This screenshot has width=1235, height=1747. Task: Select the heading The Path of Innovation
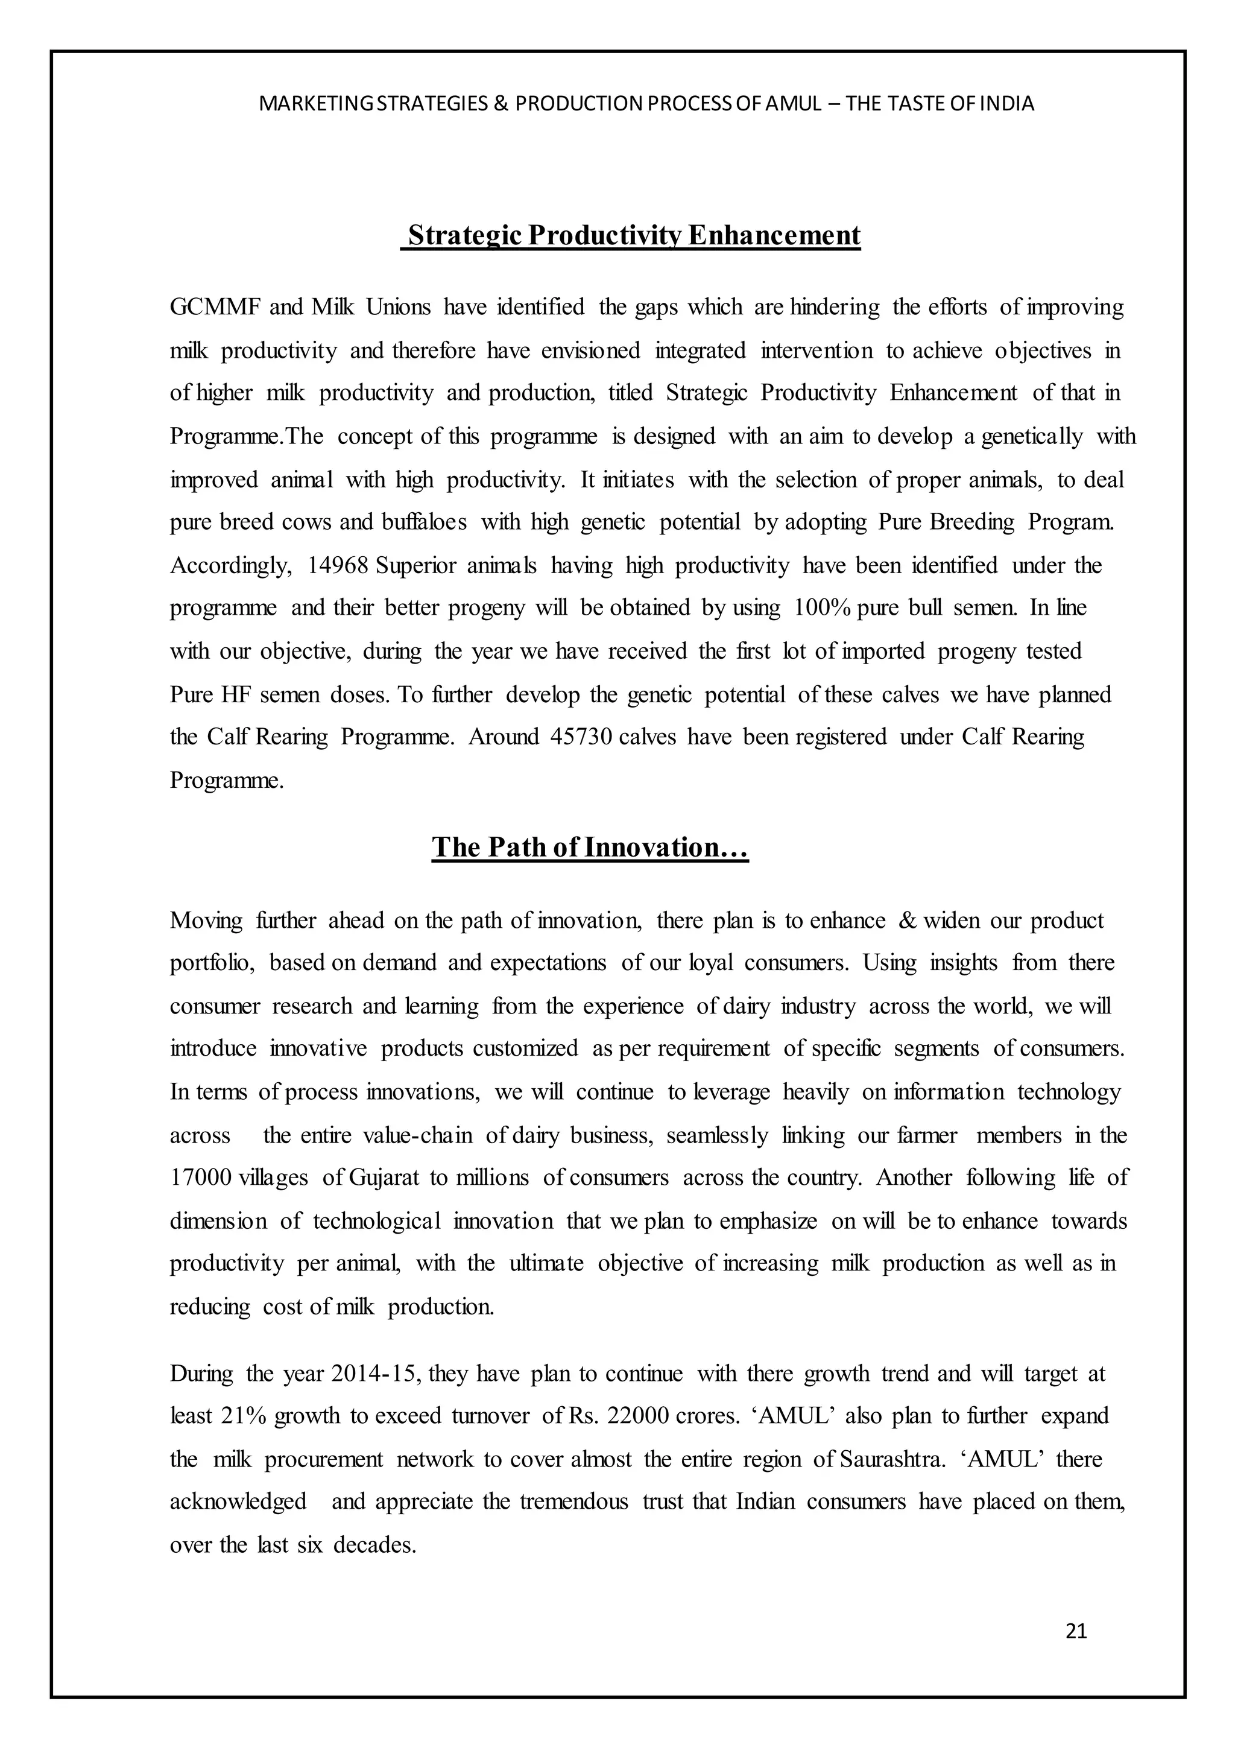click(590, 848)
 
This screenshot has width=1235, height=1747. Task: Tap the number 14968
click(338, 565)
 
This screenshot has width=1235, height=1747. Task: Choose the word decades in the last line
click(374, 1546)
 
